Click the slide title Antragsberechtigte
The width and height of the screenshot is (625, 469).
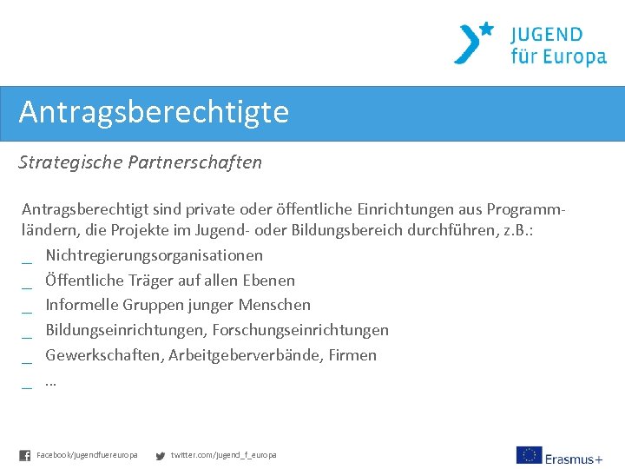tap(154, 112)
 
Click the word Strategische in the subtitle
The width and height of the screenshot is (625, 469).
tap(70, 162)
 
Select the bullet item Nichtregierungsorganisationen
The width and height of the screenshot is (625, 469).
tap(154, 255)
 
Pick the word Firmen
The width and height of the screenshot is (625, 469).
tap(352, 355)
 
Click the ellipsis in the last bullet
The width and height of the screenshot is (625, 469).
tap(50, 381)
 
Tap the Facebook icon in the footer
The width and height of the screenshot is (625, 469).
tap(24, 455)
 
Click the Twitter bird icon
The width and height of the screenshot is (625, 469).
tap(160, 455)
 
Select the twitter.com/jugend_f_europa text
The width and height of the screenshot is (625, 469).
tap(223, 455)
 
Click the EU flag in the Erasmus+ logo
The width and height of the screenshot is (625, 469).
tap(528, 455)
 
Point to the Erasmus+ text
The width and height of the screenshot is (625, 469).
tap(574, 458)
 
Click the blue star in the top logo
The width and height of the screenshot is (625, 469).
tap(486, 29)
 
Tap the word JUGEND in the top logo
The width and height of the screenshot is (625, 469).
tap(546, 35)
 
